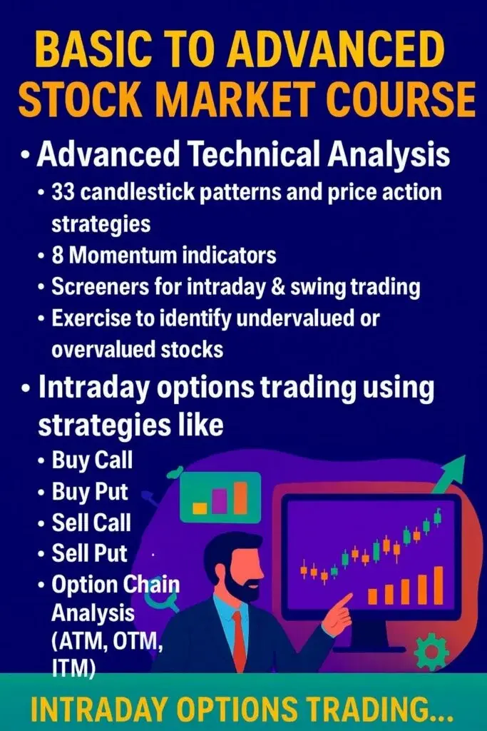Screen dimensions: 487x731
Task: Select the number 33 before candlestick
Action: pyautogui.click(x=63, y=191)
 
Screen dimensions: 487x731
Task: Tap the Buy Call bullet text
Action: pyautogui.click(x=92, y=460)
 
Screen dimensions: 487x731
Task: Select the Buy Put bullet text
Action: pyautogui.click(x=90, y=491)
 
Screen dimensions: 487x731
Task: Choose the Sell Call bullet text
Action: pyautogui.click(x=91, y=522)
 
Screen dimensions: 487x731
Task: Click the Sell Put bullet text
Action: pyautogui.click(x=89, y=553)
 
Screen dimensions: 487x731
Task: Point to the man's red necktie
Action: pyautogui.click(x=239, y=641)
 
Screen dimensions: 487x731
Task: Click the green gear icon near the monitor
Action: pyautogui.click(x=431, y=651)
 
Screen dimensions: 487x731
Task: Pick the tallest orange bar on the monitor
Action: pyautogui.click(x=438, y=585)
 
